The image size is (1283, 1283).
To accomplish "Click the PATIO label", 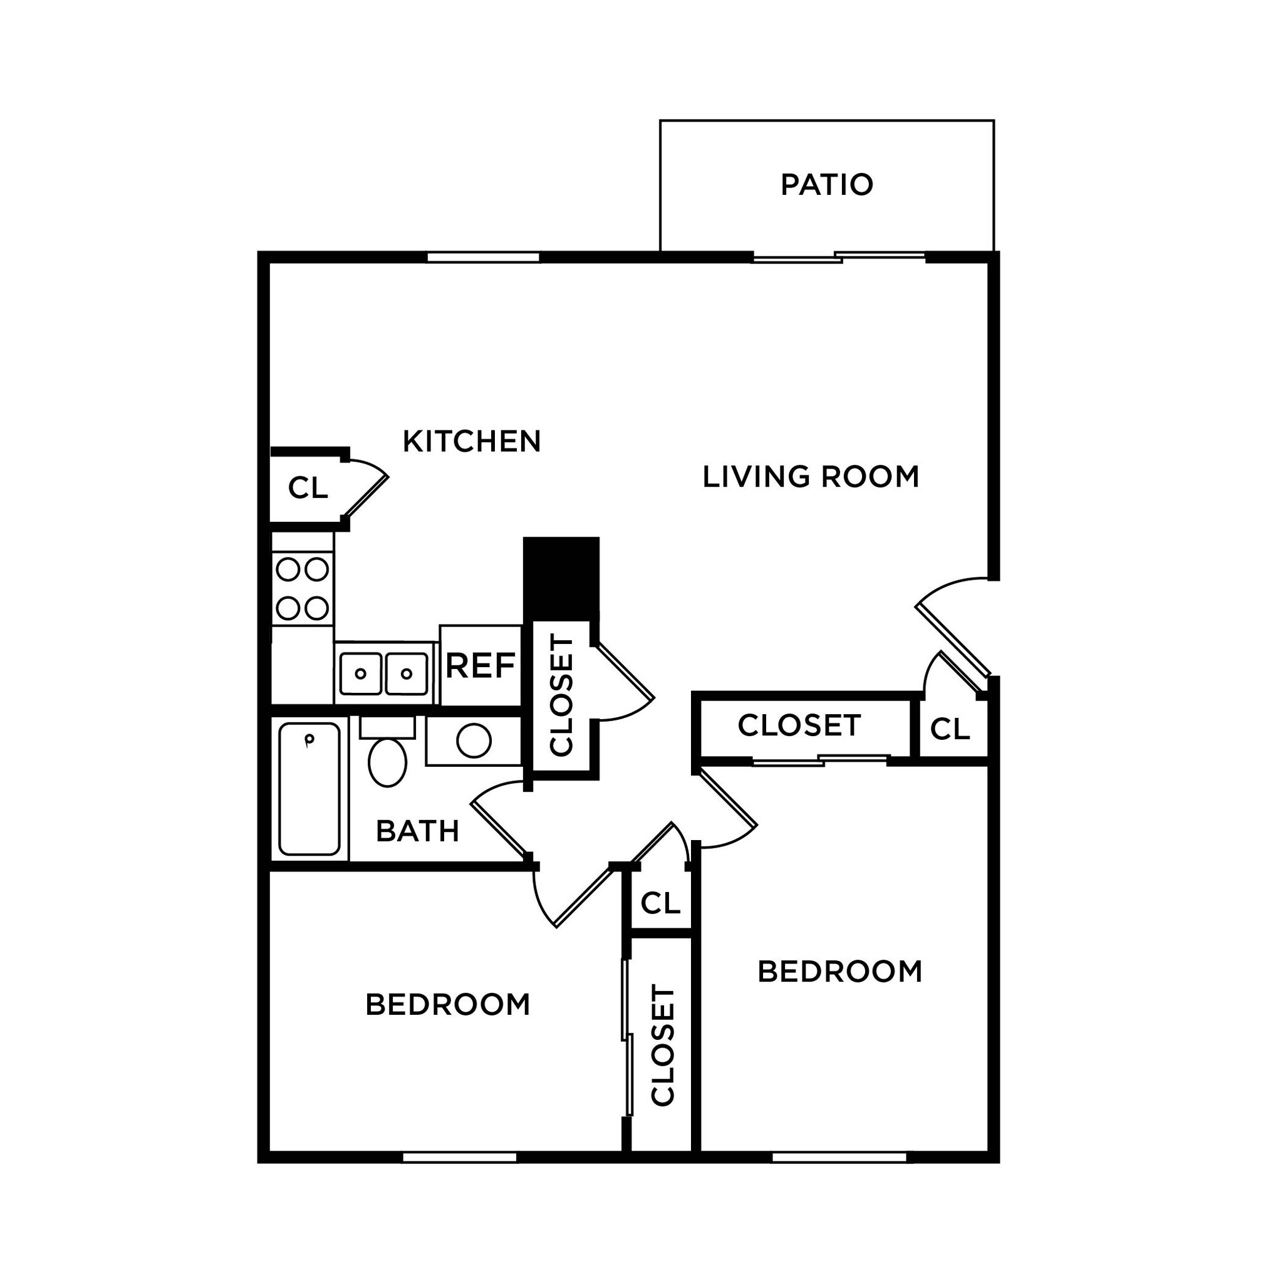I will pos(826,185).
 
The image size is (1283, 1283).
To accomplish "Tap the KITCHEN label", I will pos(472,442).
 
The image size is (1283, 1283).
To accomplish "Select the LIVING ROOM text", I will pos(810,477).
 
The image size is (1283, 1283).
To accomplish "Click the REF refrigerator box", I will pos(480,665).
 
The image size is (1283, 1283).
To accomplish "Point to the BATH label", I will pos(418,831).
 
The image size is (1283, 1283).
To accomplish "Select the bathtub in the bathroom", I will pos(309,788).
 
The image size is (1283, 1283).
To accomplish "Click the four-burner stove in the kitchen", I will pos(302,588).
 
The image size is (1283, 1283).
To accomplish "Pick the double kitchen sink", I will pos(384,674).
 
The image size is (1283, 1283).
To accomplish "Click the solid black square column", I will pos(561,578).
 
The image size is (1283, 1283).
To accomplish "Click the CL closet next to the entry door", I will pos(950,729).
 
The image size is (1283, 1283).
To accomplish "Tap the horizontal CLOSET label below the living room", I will pos(799,725).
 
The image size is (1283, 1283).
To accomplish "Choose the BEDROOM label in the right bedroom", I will pos(839,972).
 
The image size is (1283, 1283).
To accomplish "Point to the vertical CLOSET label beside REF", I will pos(562,696).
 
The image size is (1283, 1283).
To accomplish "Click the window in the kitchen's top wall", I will pos(483,257).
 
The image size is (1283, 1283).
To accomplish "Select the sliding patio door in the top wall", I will pos(839,257).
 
